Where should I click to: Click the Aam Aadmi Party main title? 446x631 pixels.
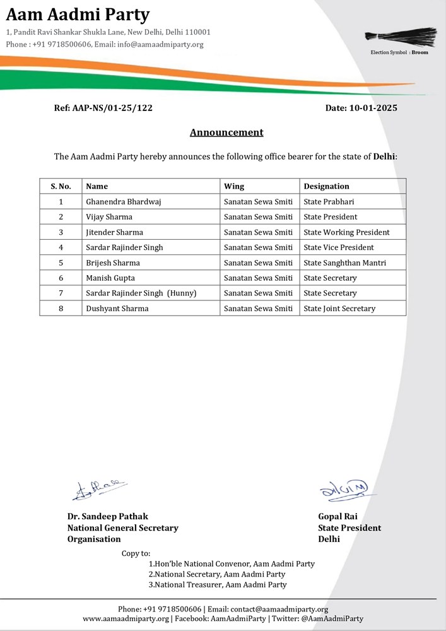[x=78, y=14]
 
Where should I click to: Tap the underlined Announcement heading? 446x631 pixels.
[x=226, y=133]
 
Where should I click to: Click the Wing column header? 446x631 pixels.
[x=234, y=186]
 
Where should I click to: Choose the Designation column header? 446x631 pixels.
[x=326, y=186]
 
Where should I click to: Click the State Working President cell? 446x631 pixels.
[x=346, y=232]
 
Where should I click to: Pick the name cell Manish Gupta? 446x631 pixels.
[x=110, y=278]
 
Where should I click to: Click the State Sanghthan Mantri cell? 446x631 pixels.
[x=344, y=262]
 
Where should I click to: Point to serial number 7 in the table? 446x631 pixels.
[x=61, y=293]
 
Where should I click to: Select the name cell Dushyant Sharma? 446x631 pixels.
[x=117, y=309]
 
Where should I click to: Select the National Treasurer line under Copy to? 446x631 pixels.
[x=218, y=585]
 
